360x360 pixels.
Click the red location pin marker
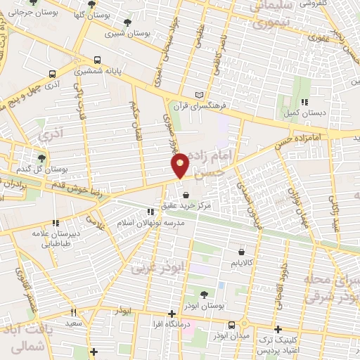pyautogui.click(x=181, y=164)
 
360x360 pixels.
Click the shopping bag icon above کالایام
pyautogui.click(x=241, y=251)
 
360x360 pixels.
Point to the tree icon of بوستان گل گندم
pyautogui.click(x=42, y=157)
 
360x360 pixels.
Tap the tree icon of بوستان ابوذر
pyautogui.click(x=204, y=295)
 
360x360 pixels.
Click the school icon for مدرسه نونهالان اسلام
pyautogui.click(x=150, y=211)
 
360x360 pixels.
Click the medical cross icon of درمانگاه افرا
pyautogui.click(x=172, y=314)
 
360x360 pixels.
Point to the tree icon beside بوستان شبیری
pyautogui.click(x=127, y=22)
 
